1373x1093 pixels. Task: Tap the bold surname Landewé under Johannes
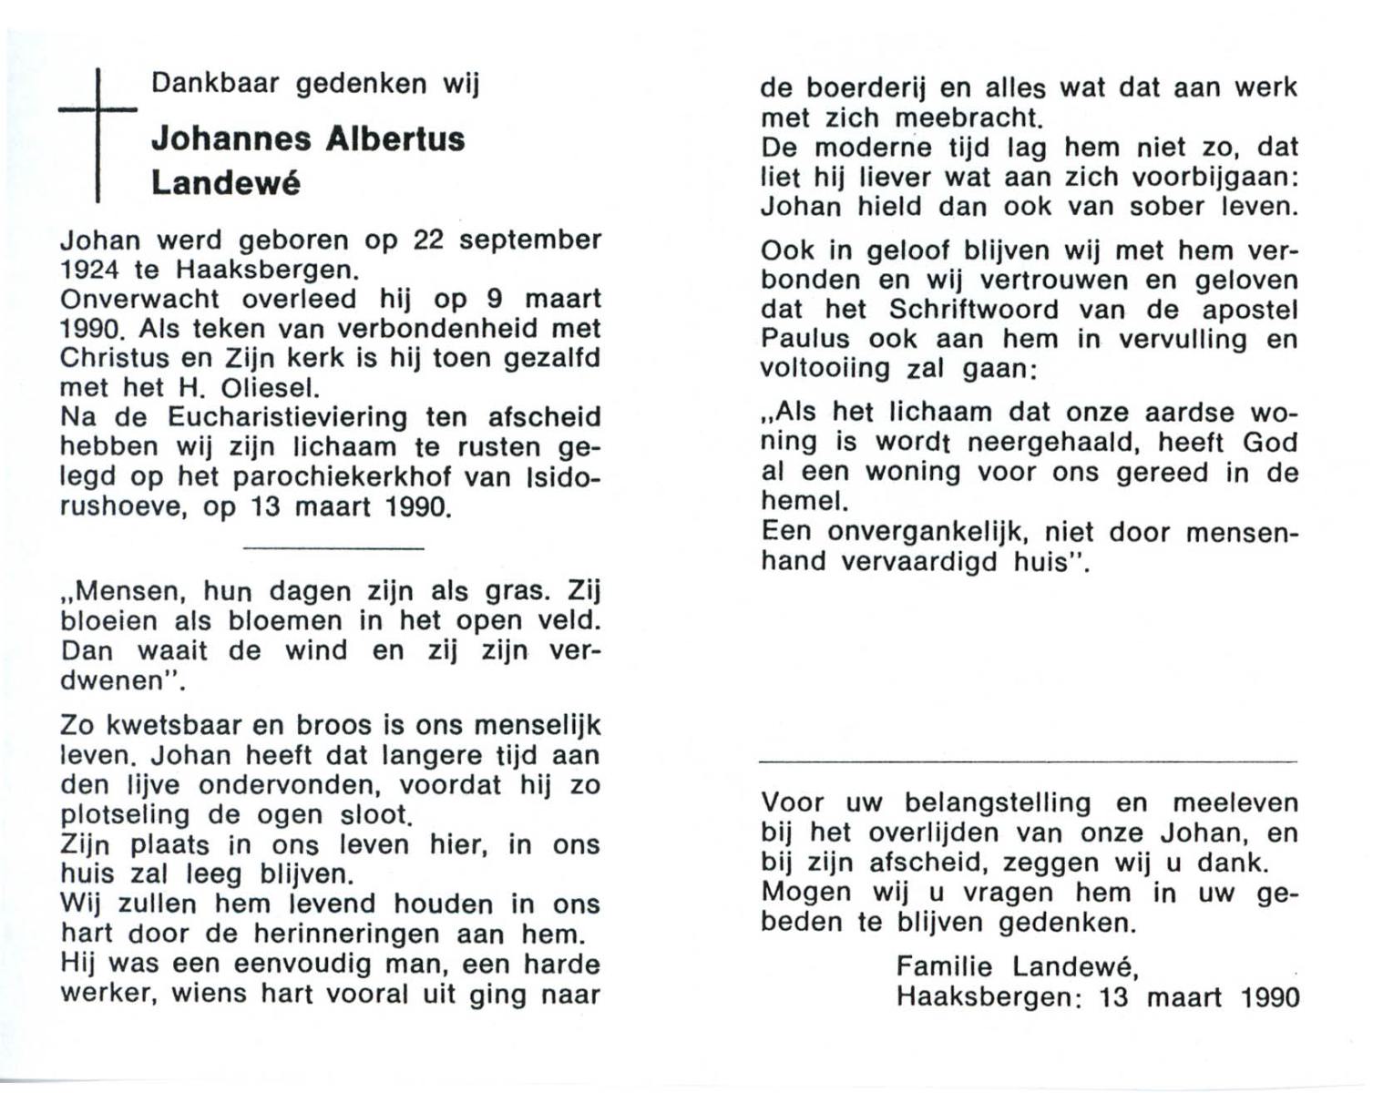tap(225, 183)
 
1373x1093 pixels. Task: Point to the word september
tap(529, 240)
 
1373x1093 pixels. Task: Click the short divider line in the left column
tap(333, 548)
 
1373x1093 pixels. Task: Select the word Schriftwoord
tap(973, 310)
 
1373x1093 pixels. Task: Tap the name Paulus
tap(805, 339)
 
